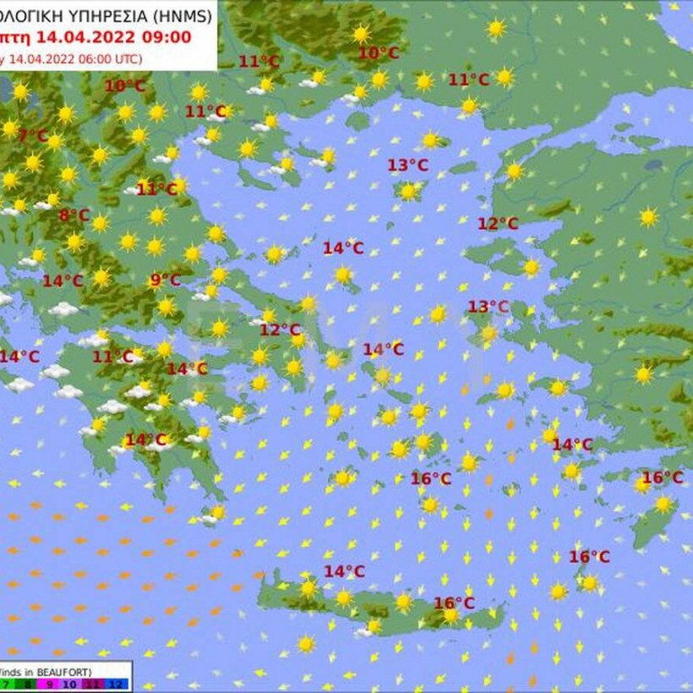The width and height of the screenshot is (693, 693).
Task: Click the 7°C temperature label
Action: [x=33, y=135]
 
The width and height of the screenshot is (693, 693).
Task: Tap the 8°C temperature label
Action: [x=74, y=215]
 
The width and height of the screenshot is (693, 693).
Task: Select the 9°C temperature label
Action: [x=165, y=280]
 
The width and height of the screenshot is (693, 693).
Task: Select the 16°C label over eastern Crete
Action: [x=454, y=603]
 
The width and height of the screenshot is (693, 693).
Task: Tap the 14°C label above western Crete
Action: [x=344, y=571]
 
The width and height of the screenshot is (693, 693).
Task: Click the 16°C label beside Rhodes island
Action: [x=662, y=477]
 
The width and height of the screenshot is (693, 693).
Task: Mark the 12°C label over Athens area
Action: [x=280, y=330]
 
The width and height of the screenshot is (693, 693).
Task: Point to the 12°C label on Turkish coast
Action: [x=498, y=223]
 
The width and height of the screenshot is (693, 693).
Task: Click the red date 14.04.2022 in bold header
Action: [x=81, y=37]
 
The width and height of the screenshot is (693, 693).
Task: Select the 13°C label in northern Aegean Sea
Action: [x=408, y=165]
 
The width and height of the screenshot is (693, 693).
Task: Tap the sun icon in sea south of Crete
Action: [x=306, y=644]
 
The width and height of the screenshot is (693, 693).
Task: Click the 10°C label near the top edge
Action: [x=379, y=53]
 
